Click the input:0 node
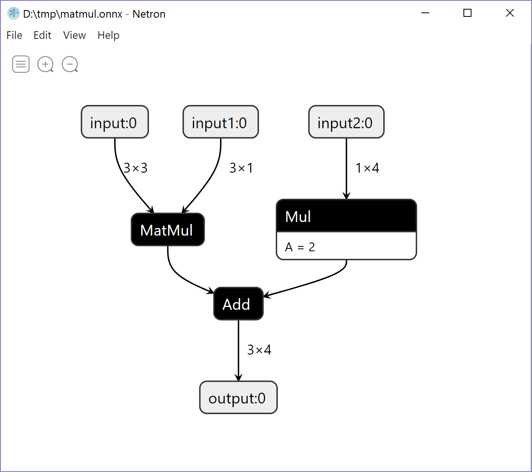(115, 122)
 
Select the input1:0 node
(220, 122)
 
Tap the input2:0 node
(346, 122)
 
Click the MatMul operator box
(168, 230)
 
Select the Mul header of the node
(346, 216)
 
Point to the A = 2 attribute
(300, 247)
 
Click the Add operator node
(238, 304)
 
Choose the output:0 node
(238, 398)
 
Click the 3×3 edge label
(136, 168)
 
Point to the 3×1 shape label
(241, 168)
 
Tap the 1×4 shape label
(367, 168)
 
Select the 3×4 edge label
(259, 350)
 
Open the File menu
(14, 35)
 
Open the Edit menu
(42, 35)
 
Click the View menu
(74, 35)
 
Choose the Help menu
(108, 35)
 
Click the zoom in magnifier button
(45, 64)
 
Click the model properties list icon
(21, 64)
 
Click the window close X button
(510, 13)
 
